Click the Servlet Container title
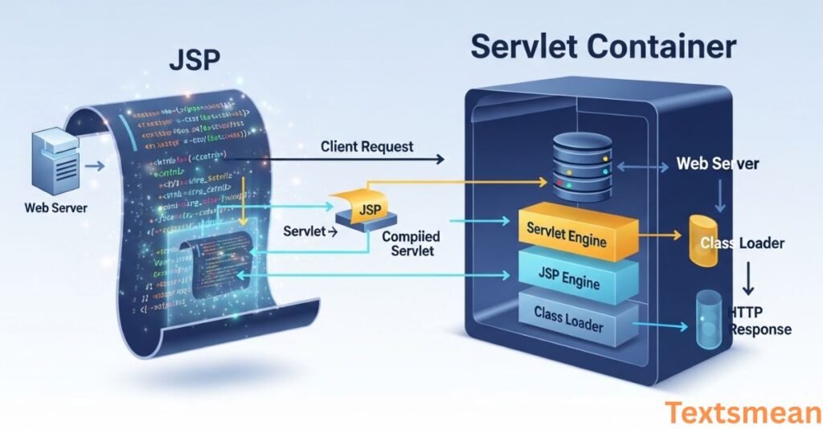(x=603, y=47)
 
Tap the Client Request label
(x=367, y=146)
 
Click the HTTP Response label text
(x=760, y=320)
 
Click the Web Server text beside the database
(x=717, y=164)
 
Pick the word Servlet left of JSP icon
(x=305, y=231)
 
